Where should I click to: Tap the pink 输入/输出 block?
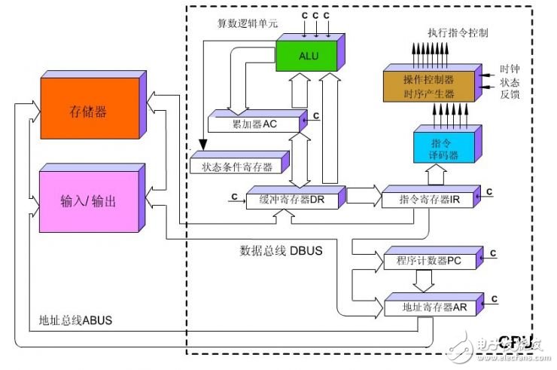click(x=87, y=201)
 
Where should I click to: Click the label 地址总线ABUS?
click(x=75, y=320)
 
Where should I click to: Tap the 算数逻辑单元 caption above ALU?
click(x=241, y=23)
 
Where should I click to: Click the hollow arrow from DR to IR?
click(x=364, y=196)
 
